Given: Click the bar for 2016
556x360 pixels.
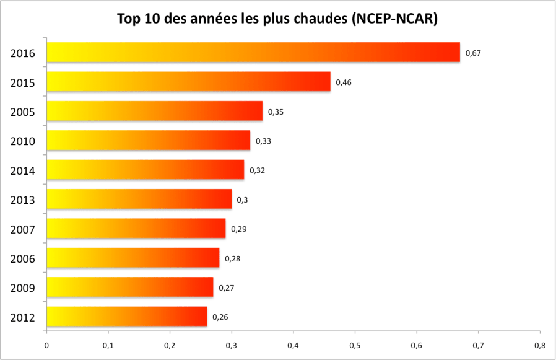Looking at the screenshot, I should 253,52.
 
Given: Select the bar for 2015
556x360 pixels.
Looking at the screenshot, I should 188,82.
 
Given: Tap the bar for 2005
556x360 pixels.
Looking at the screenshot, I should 154,111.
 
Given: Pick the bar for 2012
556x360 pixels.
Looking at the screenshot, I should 126,317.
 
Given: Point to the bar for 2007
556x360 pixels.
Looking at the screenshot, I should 136,229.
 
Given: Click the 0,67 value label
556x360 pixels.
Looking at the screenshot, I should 473,53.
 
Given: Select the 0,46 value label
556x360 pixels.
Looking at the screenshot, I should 344,82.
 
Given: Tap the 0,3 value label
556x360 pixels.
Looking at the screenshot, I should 242,200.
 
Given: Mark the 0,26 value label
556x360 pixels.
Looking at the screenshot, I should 220,317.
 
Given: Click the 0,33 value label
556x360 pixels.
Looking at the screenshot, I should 263,141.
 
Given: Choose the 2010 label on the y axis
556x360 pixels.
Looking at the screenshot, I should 22,141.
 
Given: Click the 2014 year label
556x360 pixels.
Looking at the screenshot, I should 22,171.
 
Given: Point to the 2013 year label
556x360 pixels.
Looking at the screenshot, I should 22,200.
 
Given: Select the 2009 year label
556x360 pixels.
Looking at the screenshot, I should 22,288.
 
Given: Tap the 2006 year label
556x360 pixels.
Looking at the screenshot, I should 22,259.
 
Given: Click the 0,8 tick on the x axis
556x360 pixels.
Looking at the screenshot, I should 540,345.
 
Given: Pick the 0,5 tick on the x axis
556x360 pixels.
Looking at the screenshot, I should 355,345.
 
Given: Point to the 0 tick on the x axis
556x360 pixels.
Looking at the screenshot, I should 46,345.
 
